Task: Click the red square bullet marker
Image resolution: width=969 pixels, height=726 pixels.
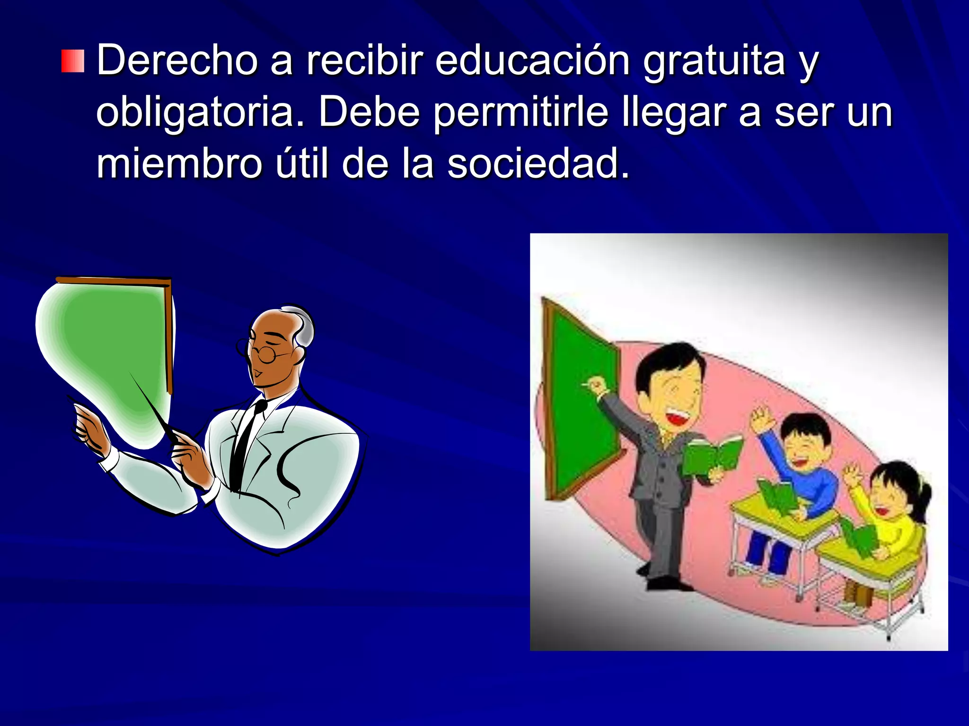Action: click(72, 61)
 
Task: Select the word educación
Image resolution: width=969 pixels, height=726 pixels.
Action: click(532, 60)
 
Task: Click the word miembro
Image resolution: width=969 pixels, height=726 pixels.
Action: click(179, 164)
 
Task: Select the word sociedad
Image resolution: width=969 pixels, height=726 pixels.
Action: click(538, 164)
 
